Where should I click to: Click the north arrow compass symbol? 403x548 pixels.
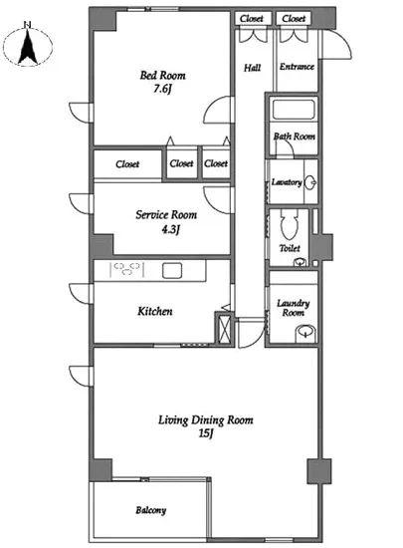point(28,46)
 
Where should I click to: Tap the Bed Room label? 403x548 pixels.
point(162,75)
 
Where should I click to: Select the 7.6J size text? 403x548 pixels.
point(162,89)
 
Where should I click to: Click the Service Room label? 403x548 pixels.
point(166,214)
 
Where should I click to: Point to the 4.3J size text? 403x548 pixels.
point(170,229)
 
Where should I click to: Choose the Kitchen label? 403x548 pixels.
point(155,311)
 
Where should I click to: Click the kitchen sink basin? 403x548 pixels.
point(172,270)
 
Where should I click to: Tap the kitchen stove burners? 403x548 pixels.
point(127,269)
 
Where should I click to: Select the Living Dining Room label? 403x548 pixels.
point(206,419)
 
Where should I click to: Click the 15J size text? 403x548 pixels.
point(206,433)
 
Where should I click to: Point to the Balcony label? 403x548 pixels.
point(150,510)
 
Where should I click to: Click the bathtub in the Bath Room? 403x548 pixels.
point(294,110)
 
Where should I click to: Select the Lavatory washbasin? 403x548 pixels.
point(310,182)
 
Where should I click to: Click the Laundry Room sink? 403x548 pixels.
point(305,332)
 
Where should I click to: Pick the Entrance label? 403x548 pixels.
point(297,67)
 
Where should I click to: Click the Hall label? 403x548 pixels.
point(252,68)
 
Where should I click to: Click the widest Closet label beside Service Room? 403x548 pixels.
point(127,164)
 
